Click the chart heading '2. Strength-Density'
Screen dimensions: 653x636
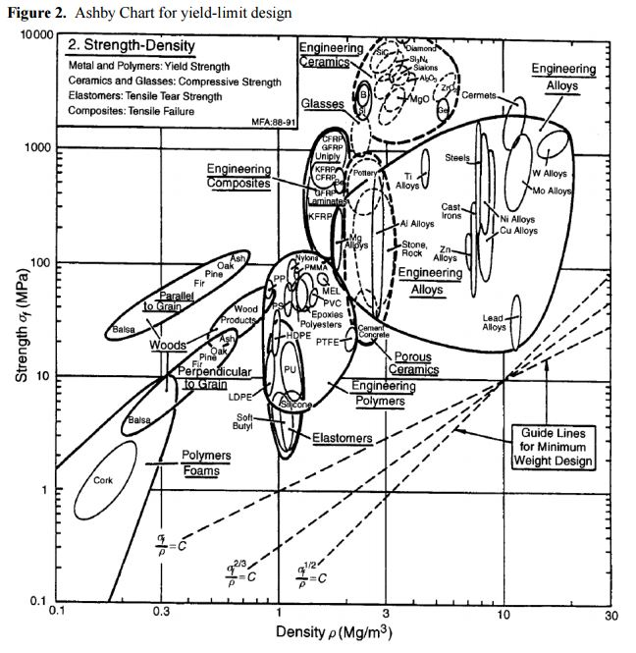pos(132,46)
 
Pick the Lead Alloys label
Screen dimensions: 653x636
pos(494,322)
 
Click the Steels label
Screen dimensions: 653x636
pos(457,157)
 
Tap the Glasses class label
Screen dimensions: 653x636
pos(322,103)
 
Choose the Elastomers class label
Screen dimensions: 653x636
pos(343,437)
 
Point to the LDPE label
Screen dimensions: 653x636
pos(241,398)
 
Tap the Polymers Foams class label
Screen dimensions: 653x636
pos(206,463)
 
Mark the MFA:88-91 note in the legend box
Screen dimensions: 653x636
pos(267,124)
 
